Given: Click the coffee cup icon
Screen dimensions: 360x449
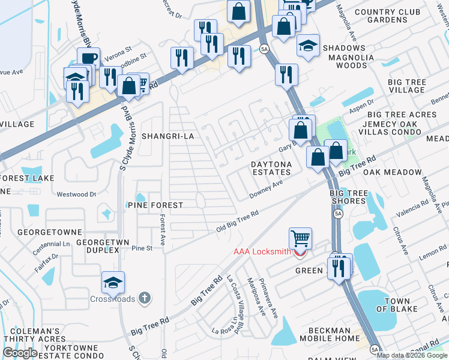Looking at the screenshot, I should (88, 58).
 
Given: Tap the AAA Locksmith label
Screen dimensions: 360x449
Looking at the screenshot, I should (262, 252).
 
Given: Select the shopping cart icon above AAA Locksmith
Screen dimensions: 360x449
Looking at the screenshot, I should (300, 238).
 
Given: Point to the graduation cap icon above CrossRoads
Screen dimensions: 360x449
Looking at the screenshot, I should (113, 281).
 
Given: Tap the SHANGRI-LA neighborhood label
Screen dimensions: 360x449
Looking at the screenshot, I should (167, 136).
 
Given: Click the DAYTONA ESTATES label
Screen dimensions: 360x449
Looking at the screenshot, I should (271, 168).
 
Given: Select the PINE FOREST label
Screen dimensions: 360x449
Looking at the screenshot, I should (155, 205).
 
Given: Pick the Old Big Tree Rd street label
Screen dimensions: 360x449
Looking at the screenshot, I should (238, 222).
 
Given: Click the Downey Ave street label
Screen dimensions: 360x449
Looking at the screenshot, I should (266, 189).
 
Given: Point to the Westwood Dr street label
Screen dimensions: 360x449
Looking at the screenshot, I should (76, 194).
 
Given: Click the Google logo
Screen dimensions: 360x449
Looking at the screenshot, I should (20, 353).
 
